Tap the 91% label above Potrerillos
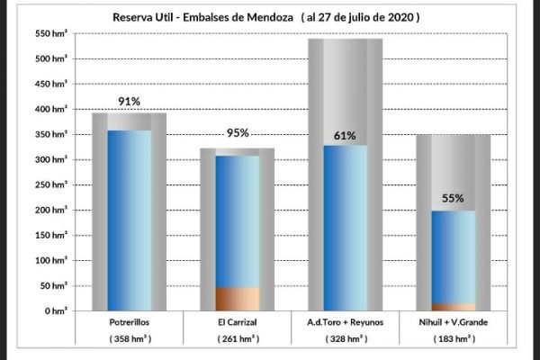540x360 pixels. tap(129, 102)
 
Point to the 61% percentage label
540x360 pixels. tap(345, 136)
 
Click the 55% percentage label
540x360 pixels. tap(453, 197)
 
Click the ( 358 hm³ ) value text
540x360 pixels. tap(129, 340)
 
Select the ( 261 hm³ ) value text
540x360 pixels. tap(237, 340)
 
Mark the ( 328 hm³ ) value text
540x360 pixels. tap(345, 340)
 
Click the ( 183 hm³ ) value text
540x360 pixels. tap(453, 340)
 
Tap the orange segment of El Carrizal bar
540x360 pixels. tap(237, 299)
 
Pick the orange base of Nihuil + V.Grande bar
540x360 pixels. tap(453, 307)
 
